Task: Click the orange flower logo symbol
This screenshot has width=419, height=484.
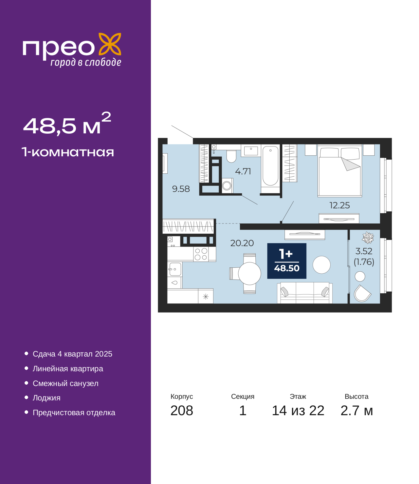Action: (x=110, y=44)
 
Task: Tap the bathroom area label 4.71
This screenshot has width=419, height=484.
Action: (x=243, y=171)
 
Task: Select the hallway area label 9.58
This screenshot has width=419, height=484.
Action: (x=181, y=189)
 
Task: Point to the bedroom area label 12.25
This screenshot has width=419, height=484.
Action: (x=339, y=205)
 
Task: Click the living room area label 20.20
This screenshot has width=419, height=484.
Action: (x=242, y=243)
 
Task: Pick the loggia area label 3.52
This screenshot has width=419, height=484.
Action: (x=364, y=251)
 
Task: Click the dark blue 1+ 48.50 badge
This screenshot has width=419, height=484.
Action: (x=286, y=261)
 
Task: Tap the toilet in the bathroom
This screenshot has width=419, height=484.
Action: (x=231, y=156)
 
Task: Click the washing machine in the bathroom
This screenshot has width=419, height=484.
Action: (x=227, y=186)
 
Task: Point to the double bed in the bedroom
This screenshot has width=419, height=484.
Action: (x=340, y=171)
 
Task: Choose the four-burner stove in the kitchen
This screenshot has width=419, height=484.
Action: (x=201, y=254)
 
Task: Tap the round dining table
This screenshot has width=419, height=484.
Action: (x=249, y=274)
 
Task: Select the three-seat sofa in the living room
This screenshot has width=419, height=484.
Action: (x=305, y=293)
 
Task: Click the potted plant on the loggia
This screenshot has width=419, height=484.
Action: (x=368, y=238)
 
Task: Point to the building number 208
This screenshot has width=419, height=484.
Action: (x=182, y=411)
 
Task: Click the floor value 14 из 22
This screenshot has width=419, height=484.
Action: (x=298, y=411)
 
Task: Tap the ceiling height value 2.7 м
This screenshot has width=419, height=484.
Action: (x=356, y=411)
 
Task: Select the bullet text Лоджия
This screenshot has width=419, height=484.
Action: (x=46, y=398)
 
